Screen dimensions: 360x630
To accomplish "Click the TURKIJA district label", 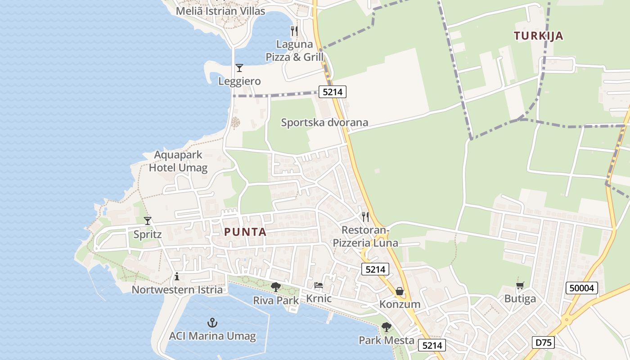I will coord(539,36).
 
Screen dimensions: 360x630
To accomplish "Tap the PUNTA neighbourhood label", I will coord(245,232).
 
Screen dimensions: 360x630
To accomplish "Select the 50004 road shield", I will coord(582,288).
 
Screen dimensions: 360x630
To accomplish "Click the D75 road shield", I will coord(543,342).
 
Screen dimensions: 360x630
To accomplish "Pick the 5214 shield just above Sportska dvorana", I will coord(333,92).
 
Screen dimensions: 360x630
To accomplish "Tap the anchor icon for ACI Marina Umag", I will coord(212,323).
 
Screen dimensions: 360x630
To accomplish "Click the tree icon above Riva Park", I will coord(276,287).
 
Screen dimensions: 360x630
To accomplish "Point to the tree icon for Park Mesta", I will coord(386,327).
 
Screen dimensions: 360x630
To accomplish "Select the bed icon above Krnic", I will coord(319,285).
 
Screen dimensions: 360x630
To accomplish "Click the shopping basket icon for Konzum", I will coord(399,291).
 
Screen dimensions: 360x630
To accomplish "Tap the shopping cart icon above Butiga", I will coord(520,285).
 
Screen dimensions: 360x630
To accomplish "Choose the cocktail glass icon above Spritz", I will coord(148,221).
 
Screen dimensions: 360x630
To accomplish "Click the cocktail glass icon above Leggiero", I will coord(239,68).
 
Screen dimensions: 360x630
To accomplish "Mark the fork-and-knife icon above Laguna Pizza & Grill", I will coord(294,31).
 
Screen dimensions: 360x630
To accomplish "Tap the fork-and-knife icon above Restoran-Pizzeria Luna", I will coord(365,217).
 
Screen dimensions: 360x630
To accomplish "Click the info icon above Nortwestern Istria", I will coord(177,276).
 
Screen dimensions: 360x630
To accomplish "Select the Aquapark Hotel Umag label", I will coord(178,162).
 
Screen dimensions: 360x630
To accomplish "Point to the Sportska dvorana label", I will coord(324,122).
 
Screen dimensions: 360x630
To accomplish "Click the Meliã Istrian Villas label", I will coord(220,11).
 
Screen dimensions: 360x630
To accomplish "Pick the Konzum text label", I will coord(400,304).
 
